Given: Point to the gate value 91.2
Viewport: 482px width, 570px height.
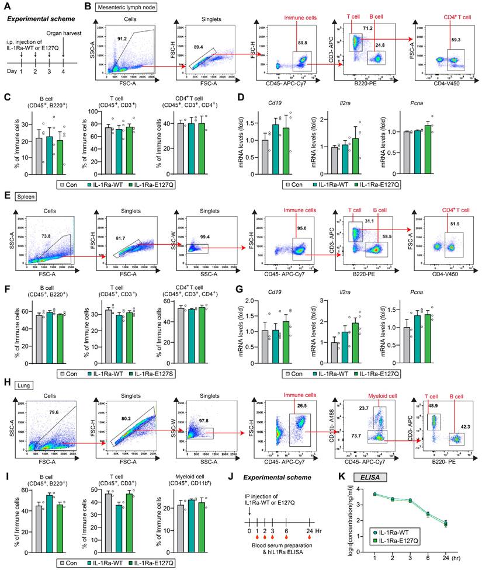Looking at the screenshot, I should pyautogui.click(x=120, y=39).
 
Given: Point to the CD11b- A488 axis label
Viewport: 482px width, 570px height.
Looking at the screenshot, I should pyautogui.click(x=331, y=427).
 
